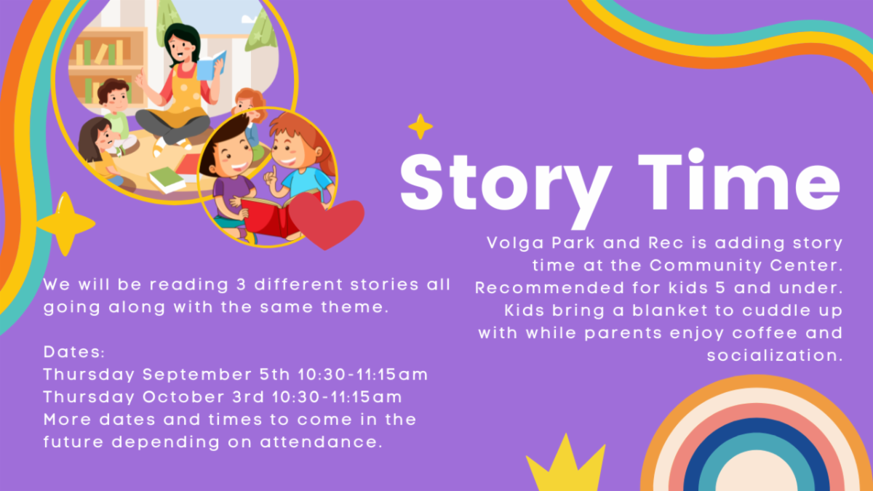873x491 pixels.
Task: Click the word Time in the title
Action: [739, 180]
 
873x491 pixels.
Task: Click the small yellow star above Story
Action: [420, 127]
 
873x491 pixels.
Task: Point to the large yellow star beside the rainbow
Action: [65, 224]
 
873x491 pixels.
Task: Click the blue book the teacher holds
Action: [211, 66]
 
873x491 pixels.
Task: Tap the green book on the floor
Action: [167, 180]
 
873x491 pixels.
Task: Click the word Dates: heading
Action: [74, 352]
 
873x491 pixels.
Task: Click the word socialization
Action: [775, 356]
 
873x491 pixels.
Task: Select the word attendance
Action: [321, 442]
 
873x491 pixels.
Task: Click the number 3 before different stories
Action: [242, 285]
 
